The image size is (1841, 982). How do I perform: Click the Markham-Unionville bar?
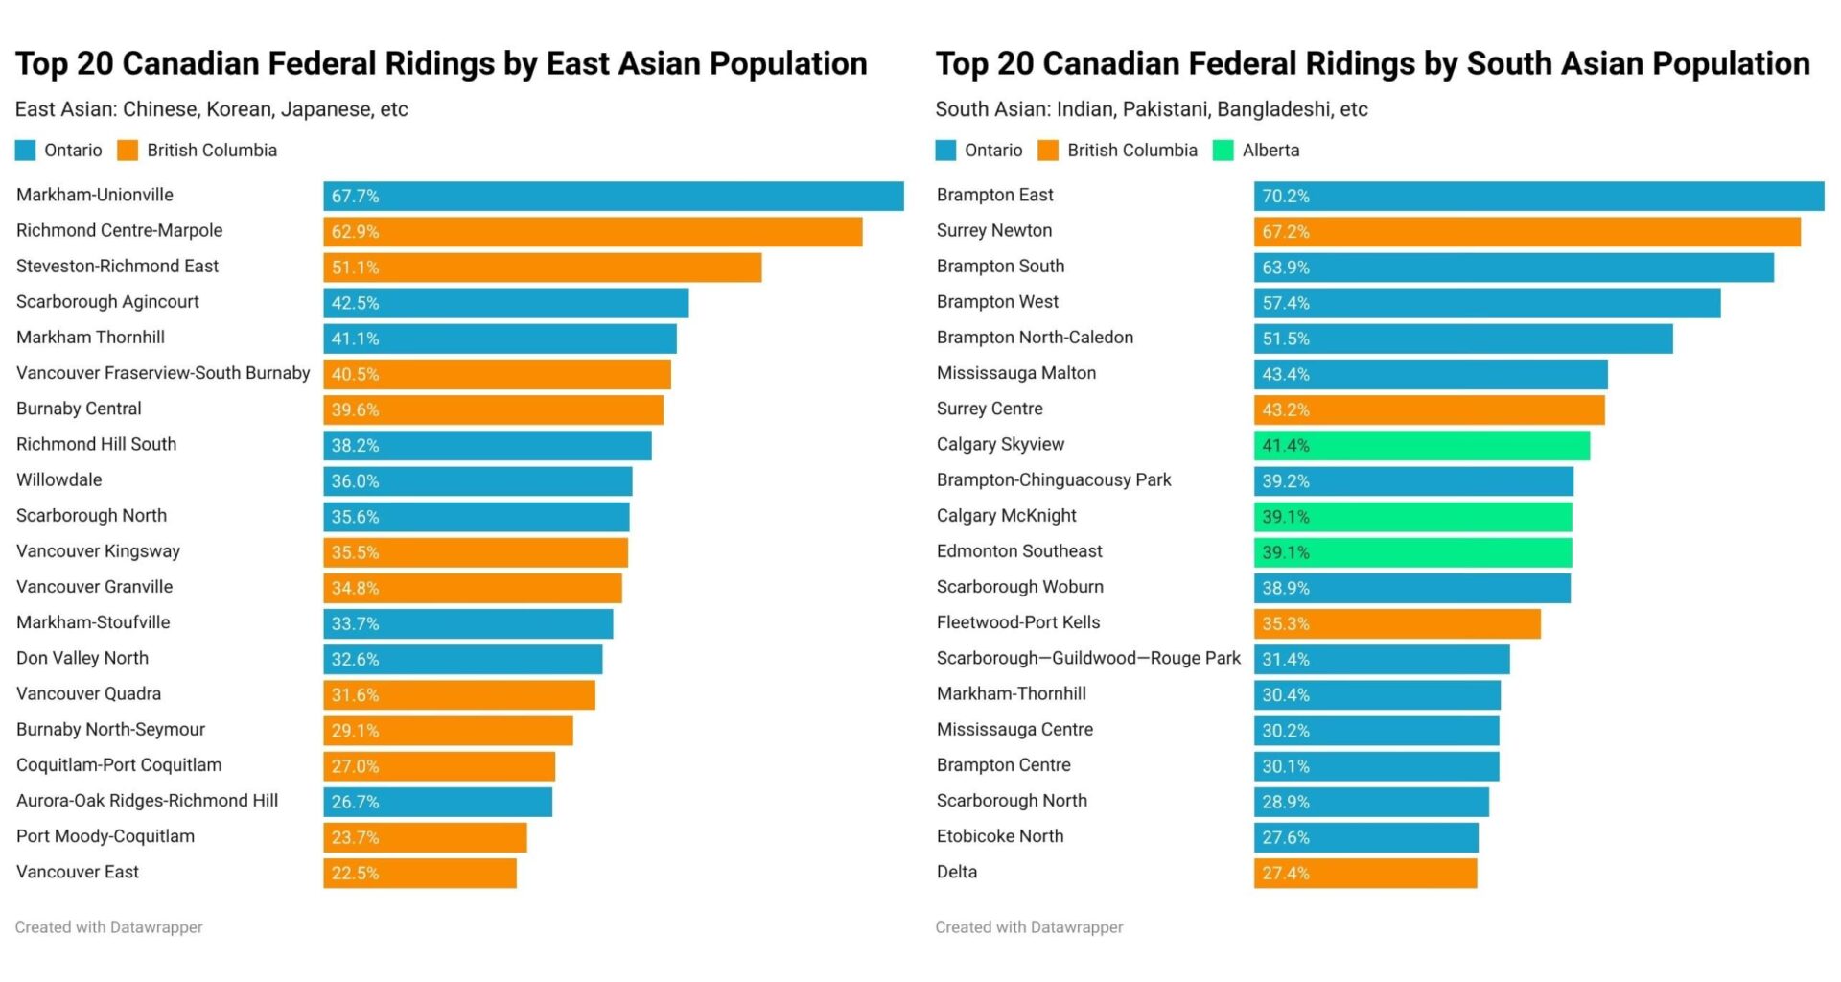pyautogui.click(x=614, y=196)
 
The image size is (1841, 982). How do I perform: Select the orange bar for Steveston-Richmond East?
pyautogui.click(x=542, y=268)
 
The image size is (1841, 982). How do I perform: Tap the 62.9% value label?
pyautogui.click(x=356, y=232)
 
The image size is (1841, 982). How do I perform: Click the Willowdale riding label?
pyautogui.click(x=59, y=480)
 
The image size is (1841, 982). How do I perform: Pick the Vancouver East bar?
pyautogui.click(x=420, y=874)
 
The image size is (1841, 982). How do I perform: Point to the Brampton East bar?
pyautogui.click(x=1538, y=196)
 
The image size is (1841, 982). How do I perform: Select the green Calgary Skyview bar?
pyautogui.click(x=1421, y=446)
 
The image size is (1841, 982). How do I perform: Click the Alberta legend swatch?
pyautogui.click(x=1223, y=151)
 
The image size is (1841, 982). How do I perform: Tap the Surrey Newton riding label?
pyautogui.click(x=994, y=231)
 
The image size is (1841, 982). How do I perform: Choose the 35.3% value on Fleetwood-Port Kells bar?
pyautogui.click(x=1285, y=624)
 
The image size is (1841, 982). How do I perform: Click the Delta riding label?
pyautogui.click(x=957, y=873)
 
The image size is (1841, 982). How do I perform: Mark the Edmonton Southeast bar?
pyautogui.click(x=1412, y=552)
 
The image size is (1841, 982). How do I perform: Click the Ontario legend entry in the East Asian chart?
pyautogui.click(x=59, y=151)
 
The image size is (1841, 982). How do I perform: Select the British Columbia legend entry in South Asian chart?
pyautogui.click(x=1118, y=151)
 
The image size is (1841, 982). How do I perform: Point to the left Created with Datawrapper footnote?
pyautogui.click(x=109, y=927)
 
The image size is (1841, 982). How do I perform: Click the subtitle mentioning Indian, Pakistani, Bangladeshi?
pyautogui.click(x=1151, y=109)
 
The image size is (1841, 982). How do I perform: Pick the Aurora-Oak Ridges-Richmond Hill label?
pyautogui.click(x=148, y=801)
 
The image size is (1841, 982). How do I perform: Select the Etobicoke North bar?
pyautogui.click(x=1365, y=837)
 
